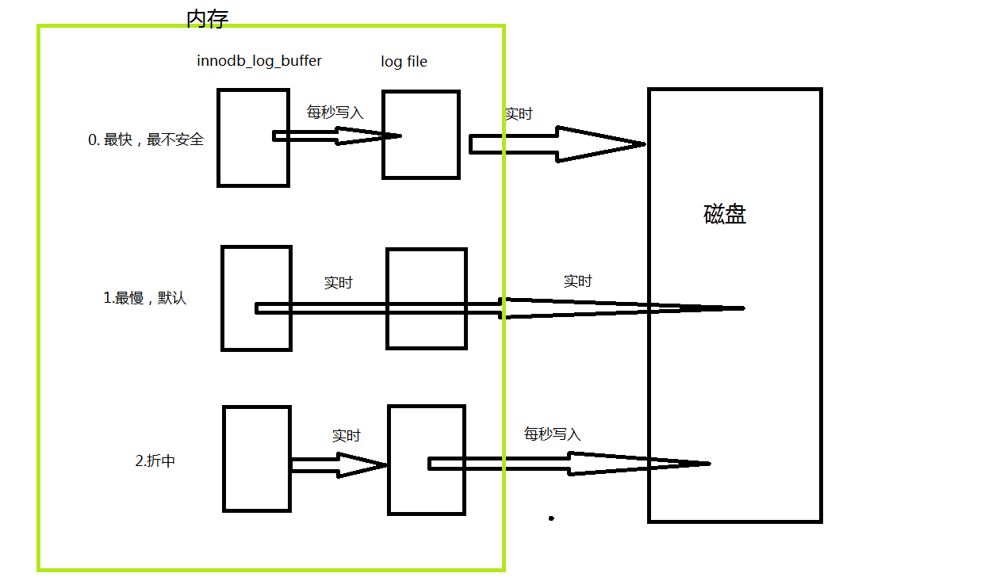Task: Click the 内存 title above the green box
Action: tap(208, 19)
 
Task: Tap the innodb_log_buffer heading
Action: tap(259, 61)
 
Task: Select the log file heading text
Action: tap(404, 62)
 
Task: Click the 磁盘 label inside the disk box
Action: tap(725, 215)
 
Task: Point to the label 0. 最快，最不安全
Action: tap(146, 140)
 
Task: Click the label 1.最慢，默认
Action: tap(145, 298)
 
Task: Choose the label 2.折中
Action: tap(155, 460)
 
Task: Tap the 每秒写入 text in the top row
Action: tap(335, 113)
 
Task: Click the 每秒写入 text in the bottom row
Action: tap(552, 434)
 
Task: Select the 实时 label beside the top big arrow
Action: tap(519, 114)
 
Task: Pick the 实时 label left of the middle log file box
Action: tap(339, 283)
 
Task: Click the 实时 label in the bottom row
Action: tap(347, 436)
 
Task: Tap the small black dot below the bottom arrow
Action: tap(551, 518)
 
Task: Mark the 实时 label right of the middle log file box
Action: tap(577, 281)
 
